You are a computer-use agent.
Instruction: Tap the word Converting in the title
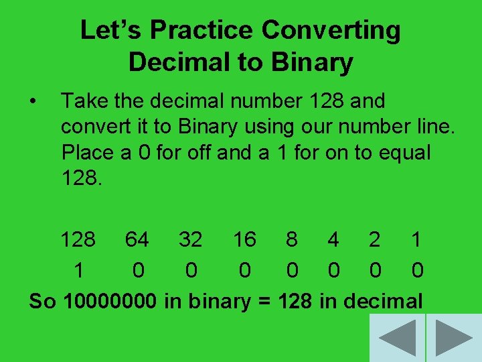click(x=331, y=31)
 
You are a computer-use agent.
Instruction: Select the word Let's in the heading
click(x=111, y=31)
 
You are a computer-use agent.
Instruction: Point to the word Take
click(x=82, y=102)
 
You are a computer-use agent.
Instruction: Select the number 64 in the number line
click(x=137, y=239)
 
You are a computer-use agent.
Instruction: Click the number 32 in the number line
click(x=191, y=239)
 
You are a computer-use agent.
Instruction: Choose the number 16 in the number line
click(x=244, y=239)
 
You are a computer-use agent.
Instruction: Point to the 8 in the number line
click(x=292, y=239)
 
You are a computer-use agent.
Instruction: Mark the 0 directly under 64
click(x=138, y=271)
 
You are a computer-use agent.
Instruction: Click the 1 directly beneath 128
click(x=79, y=271)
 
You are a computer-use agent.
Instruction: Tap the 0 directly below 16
click(x=245, y=271)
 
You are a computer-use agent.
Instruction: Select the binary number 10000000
click(x=110, y=302)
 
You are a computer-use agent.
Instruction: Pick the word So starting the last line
click(x=42, y=302)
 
